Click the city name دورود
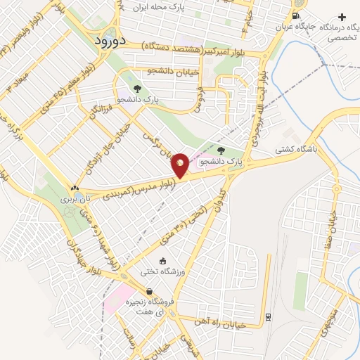(110, 41)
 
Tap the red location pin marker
(180, 167)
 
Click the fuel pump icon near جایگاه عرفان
(295, 15)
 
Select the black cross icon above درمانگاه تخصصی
(342, 16)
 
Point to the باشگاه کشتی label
(336, 150)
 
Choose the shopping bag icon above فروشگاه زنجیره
(148, 291)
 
